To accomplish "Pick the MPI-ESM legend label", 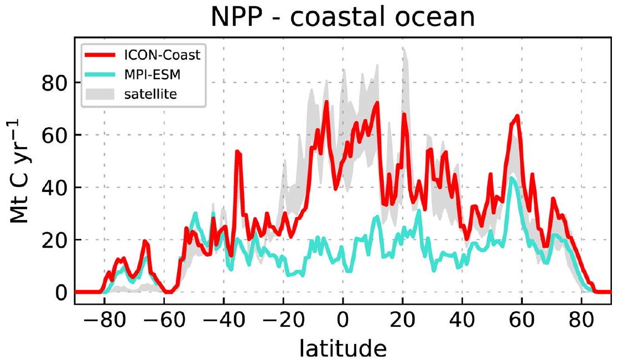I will click(150, 75).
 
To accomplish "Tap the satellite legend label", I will click(151, 95).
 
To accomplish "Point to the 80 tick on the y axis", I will click(54, 83).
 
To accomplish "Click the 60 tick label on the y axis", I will click(54, 135).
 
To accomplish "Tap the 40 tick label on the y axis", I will click(54, 187).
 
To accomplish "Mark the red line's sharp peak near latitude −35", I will click(238, 151).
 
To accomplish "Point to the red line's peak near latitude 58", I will click(517, 116).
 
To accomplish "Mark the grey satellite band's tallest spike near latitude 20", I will click(404, 50).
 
